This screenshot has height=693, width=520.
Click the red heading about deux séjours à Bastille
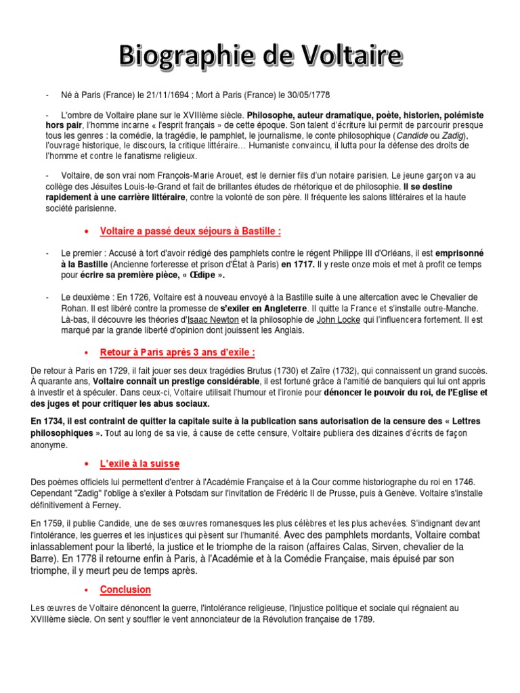190,231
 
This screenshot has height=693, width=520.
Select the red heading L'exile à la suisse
139,463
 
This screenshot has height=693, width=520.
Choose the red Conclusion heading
125,589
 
